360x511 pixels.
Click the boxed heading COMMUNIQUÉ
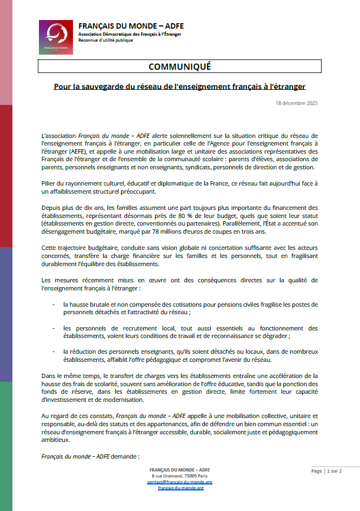(x=179, y=67)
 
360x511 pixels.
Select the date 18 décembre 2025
(x=297, y=102)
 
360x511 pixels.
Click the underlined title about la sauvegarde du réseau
(x=179, y=86)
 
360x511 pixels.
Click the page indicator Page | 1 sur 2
(x=326, y=471)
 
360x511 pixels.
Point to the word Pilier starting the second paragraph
(x=49, y=183)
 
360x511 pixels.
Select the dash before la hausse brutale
(x=53, y=304)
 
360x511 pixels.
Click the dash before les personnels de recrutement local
(x=53, y=328)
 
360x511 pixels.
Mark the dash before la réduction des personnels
(x=53, y=351)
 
